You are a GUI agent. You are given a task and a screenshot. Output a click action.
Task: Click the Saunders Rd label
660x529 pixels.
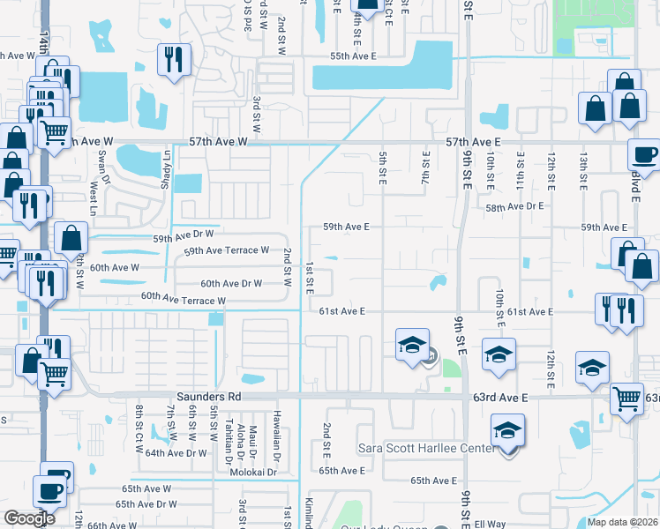pos(208,398)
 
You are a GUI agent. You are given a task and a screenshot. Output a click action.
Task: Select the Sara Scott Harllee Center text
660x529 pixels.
pos(427,448)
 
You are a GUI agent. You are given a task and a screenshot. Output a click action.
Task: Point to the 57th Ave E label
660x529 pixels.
pos(474,141)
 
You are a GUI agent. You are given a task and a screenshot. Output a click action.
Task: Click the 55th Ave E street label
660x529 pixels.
pos(352,56)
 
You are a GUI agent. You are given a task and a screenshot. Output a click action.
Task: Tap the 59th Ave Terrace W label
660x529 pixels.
pos(227,251)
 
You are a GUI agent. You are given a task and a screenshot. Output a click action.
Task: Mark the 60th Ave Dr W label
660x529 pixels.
pos(231,284)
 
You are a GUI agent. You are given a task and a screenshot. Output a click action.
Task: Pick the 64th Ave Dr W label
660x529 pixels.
pos(176,453)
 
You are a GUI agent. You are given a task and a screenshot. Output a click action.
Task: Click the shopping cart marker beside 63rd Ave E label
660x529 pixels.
pos(626,399)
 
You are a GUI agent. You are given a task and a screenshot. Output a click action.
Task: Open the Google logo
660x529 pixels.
pos(30,518)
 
